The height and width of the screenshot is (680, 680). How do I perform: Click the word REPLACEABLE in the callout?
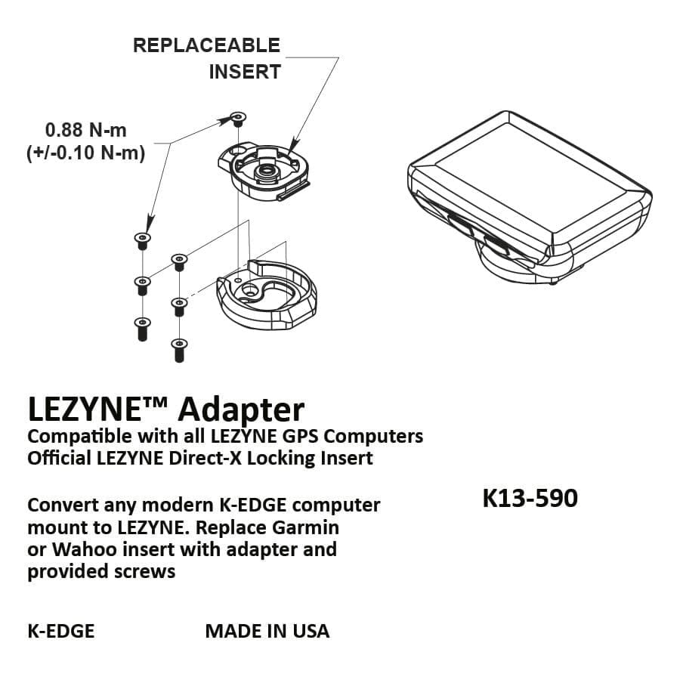pos(206,45)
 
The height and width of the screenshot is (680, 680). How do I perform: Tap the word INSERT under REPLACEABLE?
pos(245,73)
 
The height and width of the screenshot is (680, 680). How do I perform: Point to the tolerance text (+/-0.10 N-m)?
pos(85,152)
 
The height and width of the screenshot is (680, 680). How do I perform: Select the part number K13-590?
pos(530,499)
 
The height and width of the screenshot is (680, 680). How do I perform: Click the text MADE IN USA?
pos(267,631)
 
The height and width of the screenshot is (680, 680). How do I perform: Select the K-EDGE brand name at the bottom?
pos(61,631)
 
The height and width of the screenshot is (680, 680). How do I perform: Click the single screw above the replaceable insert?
pos(237,118)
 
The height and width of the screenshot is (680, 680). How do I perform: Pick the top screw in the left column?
pos(141,241)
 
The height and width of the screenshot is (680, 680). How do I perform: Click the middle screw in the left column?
pos(141,285)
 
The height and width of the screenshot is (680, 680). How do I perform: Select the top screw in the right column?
pos(179,262)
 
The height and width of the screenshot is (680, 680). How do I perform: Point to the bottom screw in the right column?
pos(179,349)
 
